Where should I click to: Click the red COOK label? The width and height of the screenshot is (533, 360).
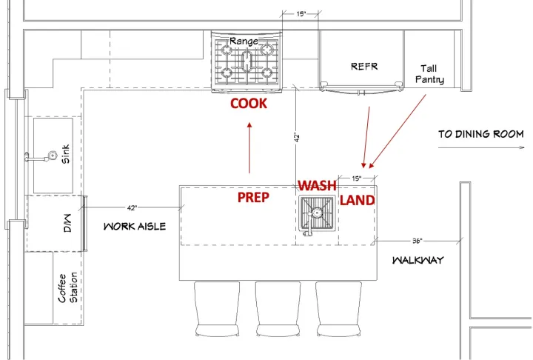pos(248,104)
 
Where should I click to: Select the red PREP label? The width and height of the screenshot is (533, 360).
pos(252,198)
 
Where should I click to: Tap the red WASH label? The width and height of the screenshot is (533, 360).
pos(317,185)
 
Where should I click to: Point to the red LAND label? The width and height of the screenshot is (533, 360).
pos(357,200)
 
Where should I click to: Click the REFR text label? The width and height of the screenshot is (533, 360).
pos(364,67)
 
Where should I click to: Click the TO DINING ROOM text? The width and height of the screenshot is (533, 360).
pos(480,134)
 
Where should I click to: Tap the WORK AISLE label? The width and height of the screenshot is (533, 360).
pos(135,226)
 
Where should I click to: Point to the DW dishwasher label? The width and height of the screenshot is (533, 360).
pos(64,223)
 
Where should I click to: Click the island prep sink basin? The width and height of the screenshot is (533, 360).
pos(318,214)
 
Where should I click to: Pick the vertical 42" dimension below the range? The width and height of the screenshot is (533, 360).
pos(296,136)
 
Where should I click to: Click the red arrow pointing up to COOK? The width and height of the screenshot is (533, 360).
pos(249,148)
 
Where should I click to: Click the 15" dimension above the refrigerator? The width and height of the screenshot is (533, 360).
pos(301,13)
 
